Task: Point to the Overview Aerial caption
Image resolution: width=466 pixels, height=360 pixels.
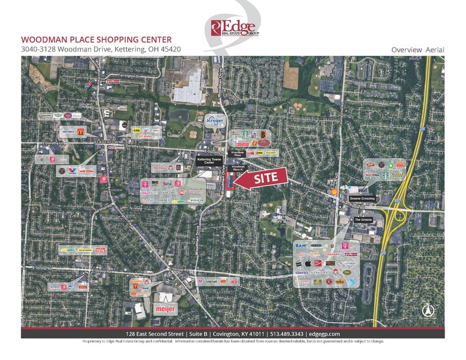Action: point(417,50)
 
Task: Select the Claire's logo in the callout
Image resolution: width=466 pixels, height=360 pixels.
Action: point(302,272)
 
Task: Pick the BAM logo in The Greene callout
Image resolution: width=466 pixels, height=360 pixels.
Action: point(301,246)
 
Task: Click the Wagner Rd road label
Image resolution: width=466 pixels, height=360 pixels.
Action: point(363,323)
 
